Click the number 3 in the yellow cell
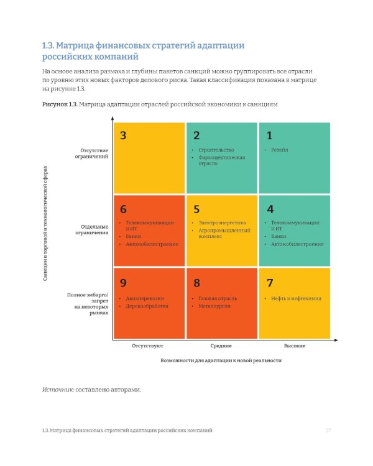123,135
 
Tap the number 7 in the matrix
270,283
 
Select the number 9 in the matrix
123,283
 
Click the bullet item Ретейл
279,150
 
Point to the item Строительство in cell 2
216,150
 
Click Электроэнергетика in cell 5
222,222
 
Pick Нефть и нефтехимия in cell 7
296,298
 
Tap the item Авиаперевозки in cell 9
145,298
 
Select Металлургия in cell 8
214,306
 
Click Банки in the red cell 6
133,236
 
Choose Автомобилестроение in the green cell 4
297,244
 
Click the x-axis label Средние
221,345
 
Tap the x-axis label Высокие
295,345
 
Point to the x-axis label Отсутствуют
147,345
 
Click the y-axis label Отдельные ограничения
92,230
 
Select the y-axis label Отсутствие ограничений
91,153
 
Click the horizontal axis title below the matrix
221,360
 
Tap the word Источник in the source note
58,390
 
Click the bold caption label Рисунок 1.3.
60,104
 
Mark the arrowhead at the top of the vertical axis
113,118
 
